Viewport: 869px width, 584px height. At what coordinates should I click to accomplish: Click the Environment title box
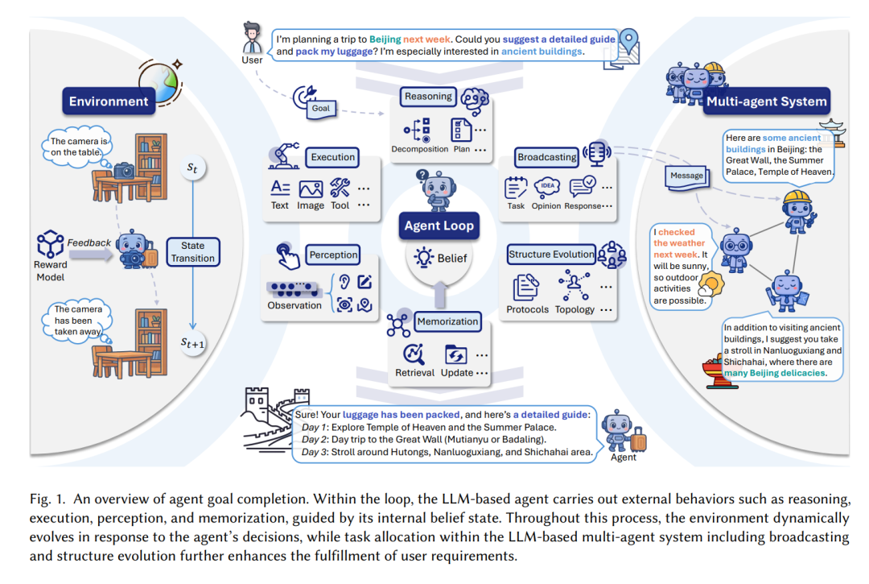pos(109,101)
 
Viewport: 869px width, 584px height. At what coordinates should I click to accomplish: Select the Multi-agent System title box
pos(767,101)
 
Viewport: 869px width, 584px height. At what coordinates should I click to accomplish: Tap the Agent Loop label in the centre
pos(439,226)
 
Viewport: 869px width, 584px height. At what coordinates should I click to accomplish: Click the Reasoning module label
pos(428,97)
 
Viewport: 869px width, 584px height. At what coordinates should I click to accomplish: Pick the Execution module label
pos(332,158)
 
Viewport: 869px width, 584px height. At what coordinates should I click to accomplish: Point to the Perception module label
pos(333,255)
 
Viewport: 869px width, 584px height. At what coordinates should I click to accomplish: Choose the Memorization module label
pos(447,321)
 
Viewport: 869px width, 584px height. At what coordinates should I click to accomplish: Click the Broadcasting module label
pos(546,158)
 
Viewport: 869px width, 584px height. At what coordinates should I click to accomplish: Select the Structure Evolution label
pos(551,255)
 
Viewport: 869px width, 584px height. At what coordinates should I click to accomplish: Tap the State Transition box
pos(193,252)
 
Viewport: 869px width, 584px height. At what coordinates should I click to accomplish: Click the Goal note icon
pos(321,109)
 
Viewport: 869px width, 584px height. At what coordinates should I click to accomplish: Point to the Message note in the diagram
pos(686,176)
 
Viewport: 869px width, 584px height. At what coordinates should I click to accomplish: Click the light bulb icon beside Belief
pos(424,258)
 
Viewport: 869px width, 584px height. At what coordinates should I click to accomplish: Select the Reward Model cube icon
pos(50,243)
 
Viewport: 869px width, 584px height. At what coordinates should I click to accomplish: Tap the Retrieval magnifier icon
pos(414,354)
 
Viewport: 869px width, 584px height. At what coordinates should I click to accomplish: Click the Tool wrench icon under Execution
pos(340,188)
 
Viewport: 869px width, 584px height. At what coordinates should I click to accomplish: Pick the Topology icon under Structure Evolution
pos(575,284)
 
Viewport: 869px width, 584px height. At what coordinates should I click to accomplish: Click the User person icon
pos(252,39)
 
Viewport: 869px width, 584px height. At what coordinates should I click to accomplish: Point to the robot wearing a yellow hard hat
pos(798,211)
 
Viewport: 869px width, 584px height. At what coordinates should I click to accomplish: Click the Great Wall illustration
pos(268,419)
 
